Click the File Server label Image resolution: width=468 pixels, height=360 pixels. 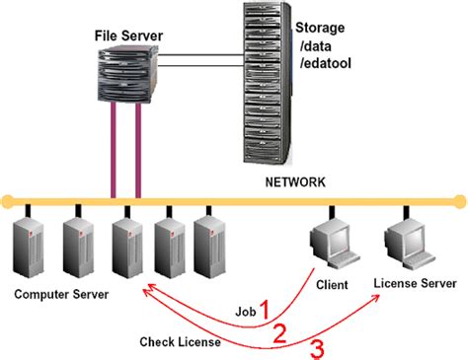click(128, 36)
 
